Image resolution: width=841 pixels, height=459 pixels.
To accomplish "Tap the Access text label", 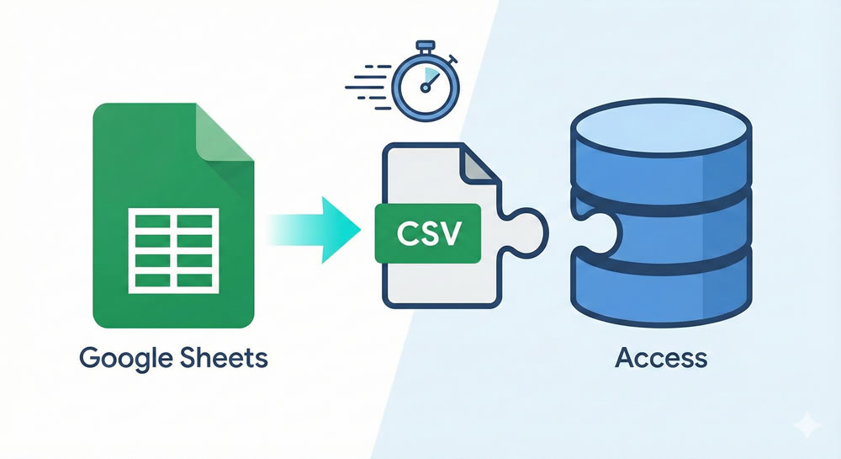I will (660, 357).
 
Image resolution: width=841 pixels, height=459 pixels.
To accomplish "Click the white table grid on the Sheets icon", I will (172, 252).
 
